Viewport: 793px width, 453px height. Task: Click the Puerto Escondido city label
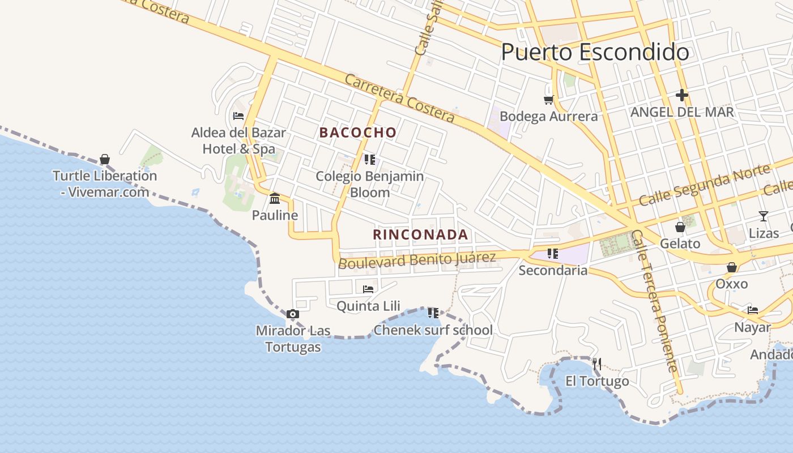pos(595,53)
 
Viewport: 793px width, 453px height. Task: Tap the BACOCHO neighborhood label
pos(358,133)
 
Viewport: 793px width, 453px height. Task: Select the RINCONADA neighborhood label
pos(420,234)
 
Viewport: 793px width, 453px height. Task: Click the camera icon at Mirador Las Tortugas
pos(293,314)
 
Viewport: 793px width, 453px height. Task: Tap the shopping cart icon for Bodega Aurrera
pos(548,100)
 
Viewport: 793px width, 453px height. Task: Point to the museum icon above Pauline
pos(275,198)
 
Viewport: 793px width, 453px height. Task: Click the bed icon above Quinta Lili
pos(368,289)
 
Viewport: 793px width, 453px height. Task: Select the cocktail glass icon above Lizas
pos(764,216)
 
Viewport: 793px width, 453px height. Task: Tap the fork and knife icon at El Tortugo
pos(596,364)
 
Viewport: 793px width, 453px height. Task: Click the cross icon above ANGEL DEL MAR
pos(682,95)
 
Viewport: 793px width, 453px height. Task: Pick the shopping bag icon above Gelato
pos(680,227)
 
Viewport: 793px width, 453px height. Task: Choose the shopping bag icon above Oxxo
pos(732,267)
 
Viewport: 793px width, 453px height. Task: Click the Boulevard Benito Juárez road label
pos(417,260)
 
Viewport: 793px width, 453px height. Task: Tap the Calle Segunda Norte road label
pos(705,184)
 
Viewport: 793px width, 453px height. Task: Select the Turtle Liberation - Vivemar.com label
pos(105,183)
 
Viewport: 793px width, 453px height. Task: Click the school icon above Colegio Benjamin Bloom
pos(370,160)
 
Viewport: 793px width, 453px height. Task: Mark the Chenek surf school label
pos(433,330)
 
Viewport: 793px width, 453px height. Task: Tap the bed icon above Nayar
pos(753,310)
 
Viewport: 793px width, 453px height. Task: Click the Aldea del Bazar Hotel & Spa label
pos(238,140)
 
